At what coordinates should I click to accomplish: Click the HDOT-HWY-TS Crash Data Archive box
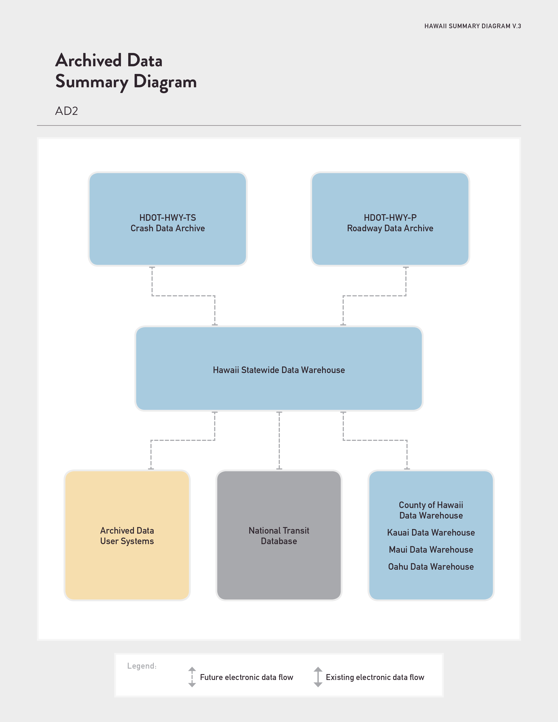pos(168,219)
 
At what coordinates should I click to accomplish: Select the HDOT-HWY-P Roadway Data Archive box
pos(390,219)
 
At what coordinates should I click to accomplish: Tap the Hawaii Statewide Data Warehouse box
pos(279,369)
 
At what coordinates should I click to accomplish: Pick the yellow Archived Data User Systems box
pos(127,535)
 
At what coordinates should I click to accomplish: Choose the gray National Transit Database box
pos(279,535)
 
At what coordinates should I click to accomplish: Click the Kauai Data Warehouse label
pos(431,533)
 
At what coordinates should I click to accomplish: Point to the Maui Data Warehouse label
pos(431,549)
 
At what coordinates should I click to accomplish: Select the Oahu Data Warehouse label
pos(431,567)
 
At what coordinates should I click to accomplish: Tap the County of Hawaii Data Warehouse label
pos(431,510)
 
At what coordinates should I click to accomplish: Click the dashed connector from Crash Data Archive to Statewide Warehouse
pos(183,296)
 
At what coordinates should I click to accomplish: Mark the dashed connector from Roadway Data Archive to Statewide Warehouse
pos(375,296)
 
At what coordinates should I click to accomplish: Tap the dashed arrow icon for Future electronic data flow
pos(192,677)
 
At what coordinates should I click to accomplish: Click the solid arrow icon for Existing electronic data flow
pos(318,677)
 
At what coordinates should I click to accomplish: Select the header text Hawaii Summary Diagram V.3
pos(473,26)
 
